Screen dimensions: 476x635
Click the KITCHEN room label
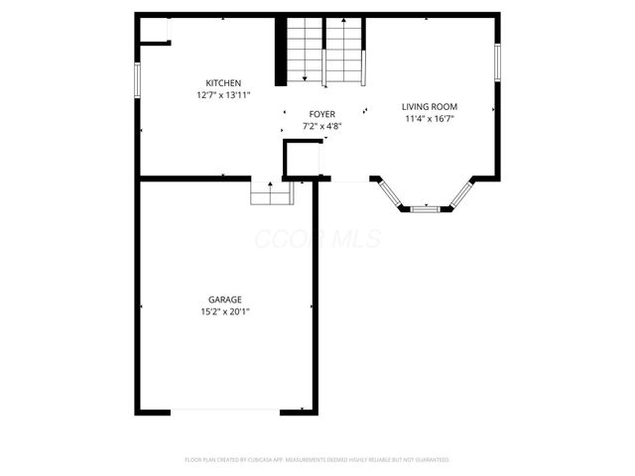point(223,82)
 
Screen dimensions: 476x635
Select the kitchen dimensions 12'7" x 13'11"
point(223,95)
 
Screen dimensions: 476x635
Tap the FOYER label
point(321,115)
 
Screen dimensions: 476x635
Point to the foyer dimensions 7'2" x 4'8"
point(321,127)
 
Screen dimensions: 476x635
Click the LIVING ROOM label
point(429,106)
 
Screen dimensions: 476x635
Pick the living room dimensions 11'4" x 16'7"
point(429,119)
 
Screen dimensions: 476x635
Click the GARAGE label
point(224,299)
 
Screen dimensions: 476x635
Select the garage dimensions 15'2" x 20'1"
point(224,312)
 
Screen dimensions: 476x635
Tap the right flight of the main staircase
point(345,52)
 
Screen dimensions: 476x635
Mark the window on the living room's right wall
point(498,61)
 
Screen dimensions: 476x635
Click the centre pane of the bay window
point(425,209)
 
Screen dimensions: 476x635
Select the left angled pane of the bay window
point(390,193)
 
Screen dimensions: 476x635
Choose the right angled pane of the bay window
point(460,193)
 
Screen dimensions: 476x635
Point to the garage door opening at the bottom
point(224,411)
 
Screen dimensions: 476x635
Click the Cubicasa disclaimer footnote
point(317,460)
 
